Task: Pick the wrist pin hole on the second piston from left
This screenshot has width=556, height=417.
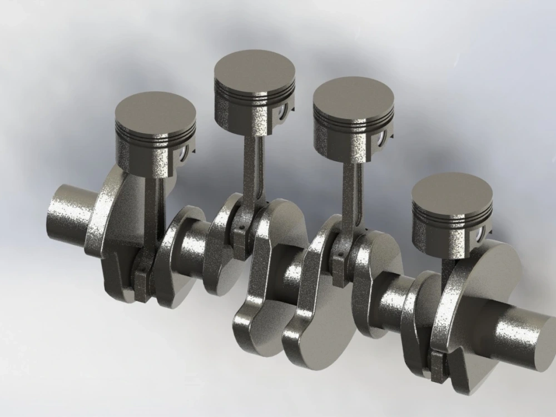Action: point(284,110)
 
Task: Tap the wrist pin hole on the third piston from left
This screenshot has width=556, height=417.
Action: point(383,137)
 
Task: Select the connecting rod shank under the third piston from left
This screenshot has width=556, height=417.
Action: point(351,195)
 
